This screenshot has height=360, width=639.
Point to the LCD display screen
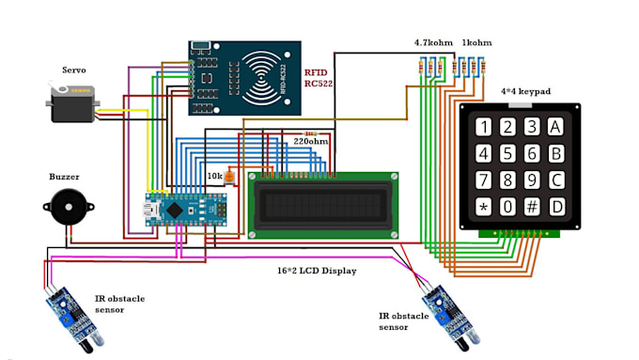(322, 204)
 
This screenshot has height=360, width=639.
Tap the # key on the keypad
(532, 207)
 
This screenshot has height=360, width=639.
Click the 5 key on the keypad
(507, 154)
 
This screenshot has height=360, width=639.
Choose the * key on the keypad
(483, 207)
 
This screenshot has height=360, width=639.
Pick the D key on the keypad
(555, 207)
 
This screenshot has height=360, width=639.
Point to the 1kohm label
(476, 43)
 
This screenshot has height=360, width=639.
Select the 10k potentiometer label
(214, 176)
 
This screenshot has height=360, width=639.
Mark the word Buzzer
(65, 176)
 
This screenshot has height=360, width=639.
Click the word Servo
(74, 70)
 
